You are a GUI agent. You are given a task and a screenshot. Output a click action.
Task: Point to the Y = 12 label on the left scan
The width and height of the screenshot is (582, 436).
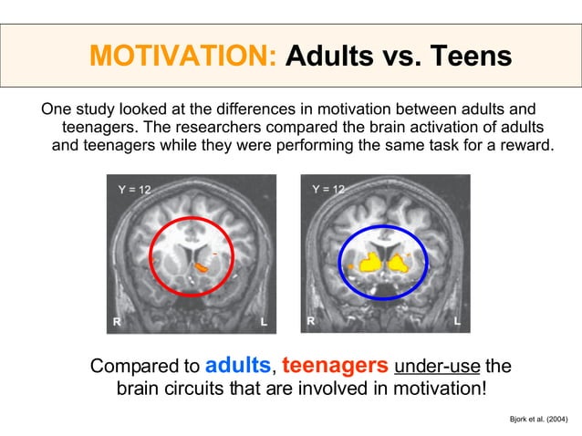point(135,190)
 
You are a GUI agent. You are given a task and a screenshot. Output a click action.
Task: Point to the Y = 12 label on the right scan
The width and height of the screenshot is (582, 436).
point(328,190)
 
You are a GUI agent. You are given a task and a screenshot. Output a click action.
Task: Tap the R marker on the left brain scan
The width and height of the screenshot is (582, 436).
point(117,321)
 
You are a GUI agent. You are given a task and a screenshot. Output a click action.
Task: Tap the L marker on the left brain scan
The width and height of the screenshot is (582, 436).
point(264,321)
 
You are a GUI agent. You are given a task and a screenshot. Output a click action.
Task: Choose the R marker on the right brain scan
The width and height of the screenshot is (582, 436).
point(311,321)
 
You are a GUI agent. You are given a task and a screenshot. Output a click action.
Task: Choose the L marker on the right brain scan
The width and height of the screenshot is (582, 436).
point(458,321)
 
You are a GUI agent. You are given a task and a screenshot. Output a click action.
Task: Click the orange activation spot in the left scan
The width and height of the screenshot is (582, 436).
point(203,268)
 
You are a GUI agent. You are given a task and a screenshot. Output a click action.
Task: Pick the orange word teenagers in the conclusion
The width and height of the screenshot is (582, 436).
point(334,366)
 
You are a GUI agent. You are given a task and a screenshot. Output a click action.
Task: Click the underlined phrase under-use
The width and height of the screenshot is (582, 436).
point(437,368)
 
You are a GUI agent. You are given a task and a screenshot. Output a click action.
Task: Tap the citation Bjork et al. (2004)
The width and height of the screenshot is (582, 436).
point(537,419)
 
